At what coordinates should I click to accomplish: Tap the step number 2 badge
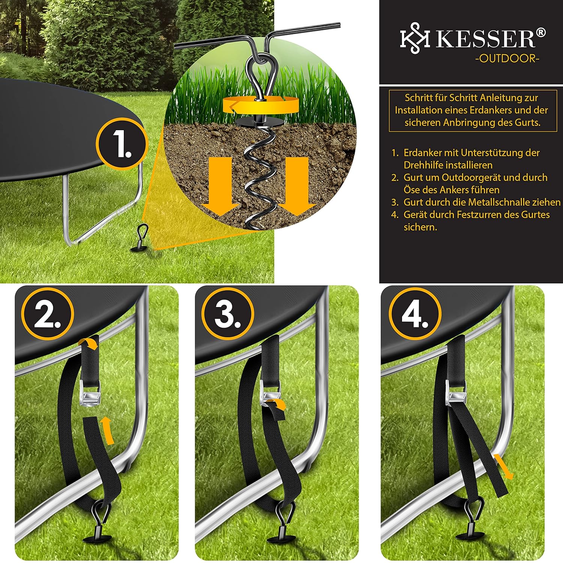[x=47, y=314]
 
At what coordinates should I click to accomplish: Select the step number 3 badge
[x=227, y=314]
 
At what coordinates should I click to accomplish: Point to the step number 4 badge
[x=415, y=314]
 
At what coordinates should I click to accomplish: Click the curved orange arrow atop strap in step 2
[x=89, y=343]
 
